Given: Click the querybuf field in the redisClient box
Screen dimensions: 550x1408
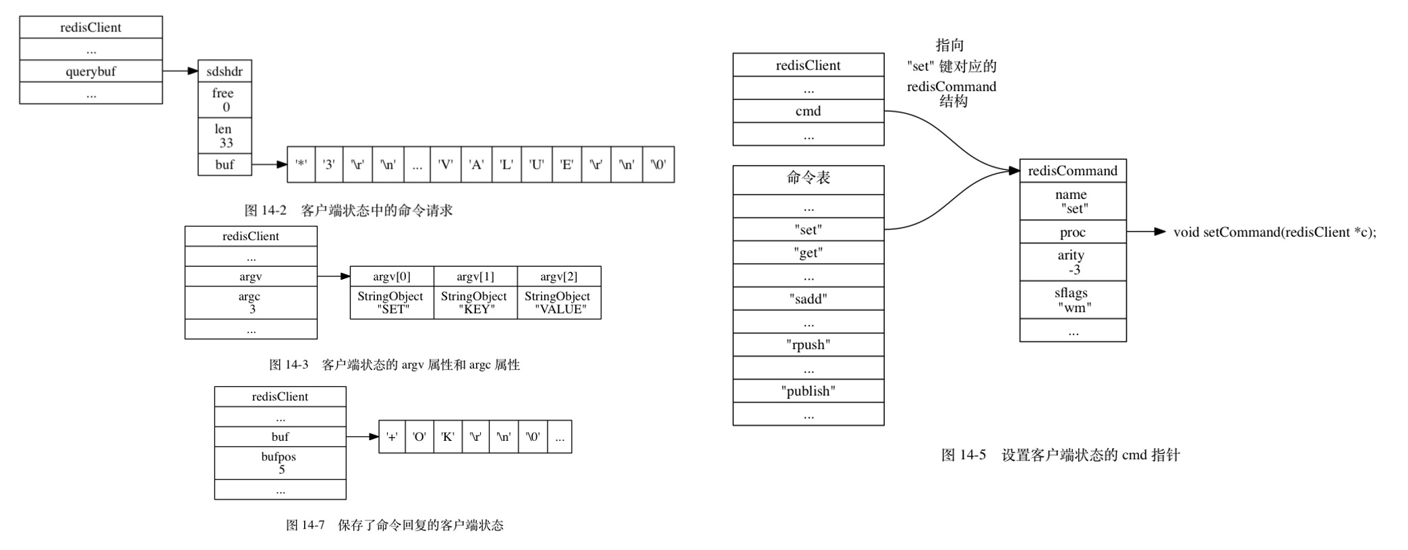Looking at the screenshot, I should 90,71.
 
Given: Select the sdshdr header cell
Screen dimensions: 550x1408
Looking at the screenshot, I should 225,71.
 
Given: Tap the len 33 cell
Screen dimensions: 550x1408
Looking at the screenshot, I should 225,136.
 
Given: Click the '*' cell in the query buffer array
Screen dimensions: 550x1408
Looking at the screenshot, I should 301,164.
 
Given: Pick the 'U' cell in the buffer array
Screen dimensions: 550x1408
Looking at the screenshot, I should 537,164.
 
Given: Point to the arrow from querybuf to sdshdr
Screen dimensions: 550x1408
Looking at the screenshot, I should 180,71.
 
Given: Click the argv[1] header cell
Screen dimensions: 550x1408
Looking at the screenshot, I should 475,276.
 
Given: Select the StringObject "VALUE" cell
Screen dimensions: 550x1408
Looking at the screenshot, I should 559,303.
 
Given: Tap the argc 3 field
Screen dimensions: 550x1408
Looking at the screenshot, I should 250,303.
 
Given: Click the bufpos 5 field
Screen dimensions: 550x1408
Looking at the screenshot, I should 280,463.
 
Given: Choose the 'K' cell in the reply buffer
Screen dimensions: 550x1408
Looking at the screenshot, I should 447,437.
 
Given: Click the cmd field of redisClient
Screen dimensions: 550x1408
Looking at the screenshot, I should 808,111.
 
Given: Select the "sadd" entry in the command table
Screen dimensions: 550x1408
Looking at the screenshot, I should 808,299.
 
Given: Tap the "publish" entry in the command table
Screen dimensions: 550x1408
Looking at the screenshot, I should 808,391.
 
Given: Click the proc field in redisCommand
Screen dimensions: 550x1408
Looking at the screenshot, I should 1072,232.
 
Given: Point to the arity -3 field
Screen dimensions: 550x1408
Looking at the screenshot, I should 1072,262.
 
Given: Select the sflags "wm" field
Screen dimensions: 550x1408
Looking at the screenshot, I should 1072,300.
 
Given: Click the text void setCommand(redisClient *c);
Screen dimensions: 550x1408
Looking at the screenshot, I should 1274,232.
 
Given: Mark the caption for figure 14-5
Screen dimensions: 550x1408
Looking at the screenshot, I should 1060,455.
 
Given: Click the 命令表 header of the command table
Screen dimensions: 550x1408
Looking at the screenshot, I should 808,179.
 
